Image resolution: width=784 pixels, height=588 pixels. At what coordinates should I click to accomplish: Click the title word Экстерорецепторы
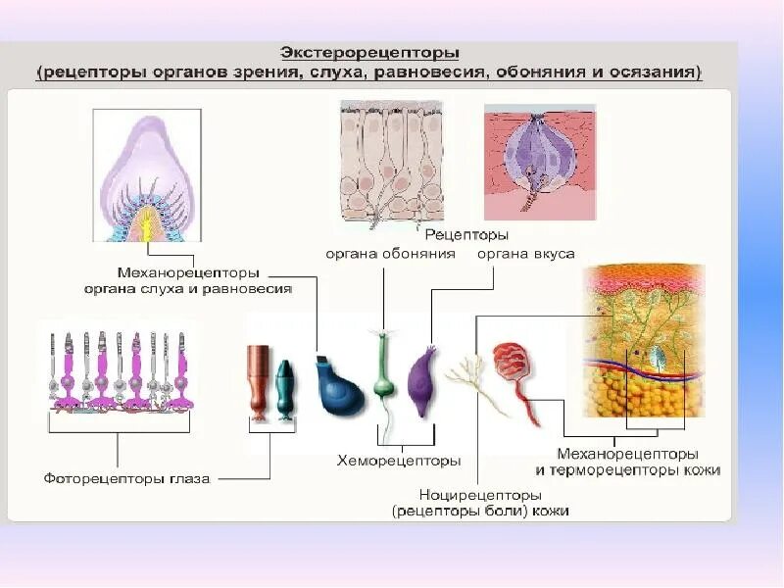click(x=370, y=51)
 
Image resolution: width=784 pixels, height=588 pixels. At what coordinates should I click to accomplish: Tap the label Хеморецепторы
click(x=399, y=460)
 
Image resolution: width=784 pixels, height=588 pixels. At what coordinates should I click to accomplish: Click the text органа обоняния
click(x=391, y=254)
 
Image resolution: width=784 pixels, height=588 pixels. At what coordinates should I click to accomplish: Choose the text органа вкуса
click(x=525, y=254)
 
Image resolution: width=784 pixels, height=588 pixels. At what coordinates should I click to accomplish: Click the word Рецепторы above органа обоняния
click(x=466, y=235)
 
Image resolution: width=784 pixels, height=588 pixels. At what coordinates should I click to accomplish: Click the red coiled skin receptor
click(x=514, y=367)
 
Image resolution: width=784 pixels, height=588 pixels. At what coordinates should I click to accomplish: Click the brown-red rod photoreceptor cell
click(x=258, y=377)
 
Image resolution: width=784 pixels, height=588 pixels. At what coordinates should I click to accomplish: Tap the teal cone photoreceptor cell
click(x=284, y=388)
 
